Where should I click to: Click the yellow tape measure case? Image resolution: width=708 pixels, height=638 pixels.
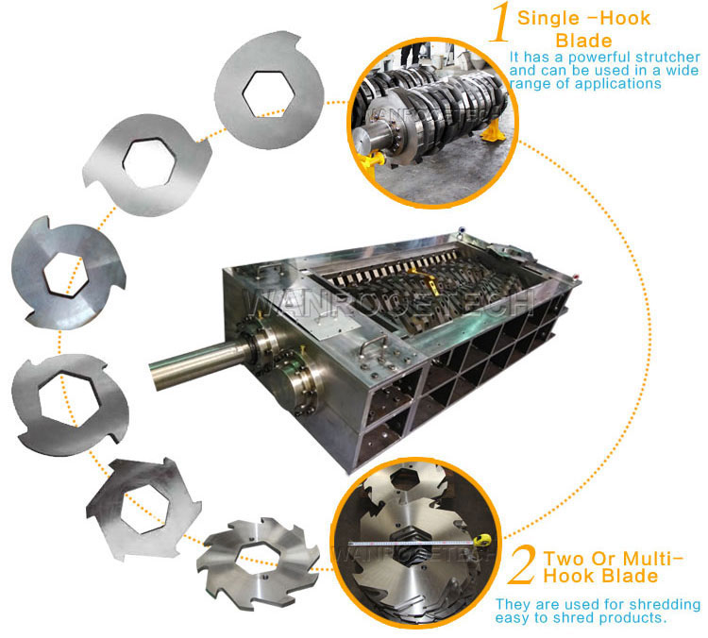(481, 540)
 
